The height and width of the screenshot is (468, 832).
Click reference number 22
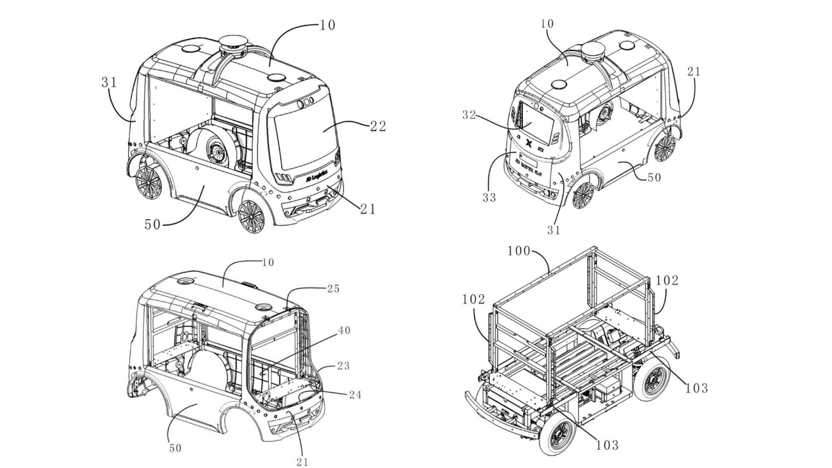(x=377, y=127)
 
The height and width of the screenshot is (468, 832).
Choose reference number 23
(x=343, y=366)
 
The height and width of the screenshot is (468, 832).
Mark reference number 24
(x=354, y=395)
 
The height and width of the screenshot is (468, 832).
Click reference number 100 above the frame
(x=520, y=251)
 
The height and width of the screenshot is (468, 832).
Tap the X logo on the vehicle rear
(x=528, y=142)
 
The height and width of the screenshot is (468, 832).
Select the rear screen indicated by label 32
(x=535, y=123)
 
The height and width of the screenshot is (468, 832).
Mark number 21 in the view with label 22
(x=367, y=208)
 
